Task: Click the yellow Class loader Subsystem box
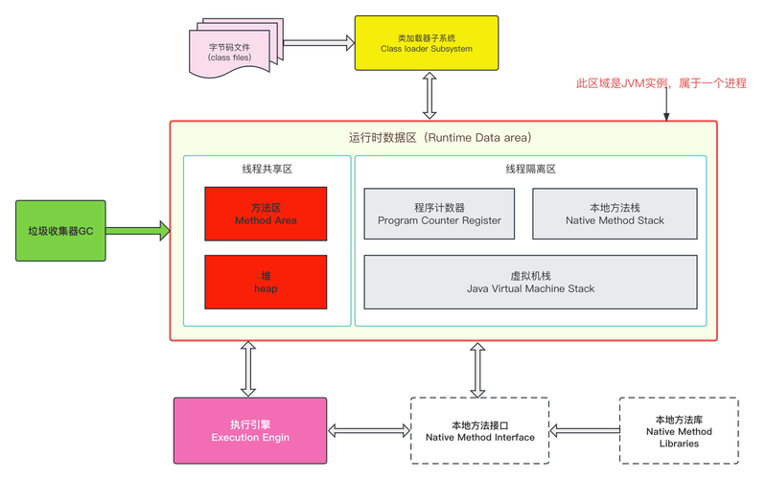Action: [428, 42]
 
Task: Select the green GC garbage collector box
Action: [60, 230]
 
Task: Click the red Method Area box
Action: [266, 214]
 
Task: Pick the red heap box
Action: [266, 282]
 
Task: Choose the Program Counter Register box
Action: [439, 214]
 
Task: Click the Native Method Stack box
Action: [614, 214]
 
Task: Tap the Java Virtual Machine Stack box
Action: [529, 282]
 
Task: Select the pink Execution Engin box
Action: [250, 430]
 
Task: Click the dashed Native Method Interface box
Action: [478, 430]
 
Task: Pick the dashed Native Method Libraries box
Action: [678, 430]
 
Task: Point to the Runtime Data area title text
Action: [440, 138]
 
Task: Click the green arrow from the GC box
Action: [139, 231]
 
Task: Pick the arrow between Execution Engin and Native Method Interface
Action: [369, 430]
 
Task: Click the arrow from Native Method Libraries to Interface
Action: [584, 430]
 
